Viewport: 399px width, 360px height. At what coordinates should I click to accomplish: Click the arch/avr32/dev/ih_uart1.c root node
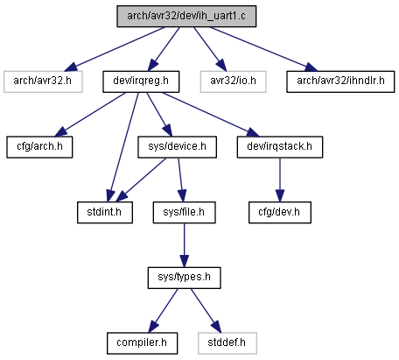(x=186, y=17)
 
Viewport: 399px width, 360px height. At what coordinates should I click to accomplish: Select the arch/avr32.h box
(x=43, y=81)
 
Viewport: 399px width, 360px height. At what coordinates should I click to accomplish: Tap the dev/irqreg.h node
(x=141, y=81)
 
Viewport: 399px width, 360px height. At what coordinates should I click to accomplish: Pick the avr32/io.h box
(x=233, y=81)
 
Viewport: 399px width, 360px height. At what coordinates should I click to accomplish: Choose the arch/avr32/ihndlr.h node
(x=340, y=81)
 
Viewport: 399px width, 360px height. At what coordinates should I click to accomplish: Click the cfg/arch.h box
(x=39, y=147)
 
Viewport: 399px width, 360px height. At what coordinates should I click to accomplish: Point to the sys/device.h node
(x=177, y=147)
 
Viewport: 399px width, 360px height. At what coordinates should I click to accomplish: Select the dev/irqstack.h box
(x=280, y=147)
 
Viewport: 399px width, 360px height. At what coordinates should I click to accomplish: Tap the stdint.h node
(x=105, y=212)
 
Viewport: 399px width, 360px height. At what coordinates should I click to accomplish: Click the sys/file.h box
(x=184, y=212)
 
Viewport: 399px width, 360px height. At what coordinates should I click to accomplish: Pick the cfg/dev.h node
(x=280, y=212)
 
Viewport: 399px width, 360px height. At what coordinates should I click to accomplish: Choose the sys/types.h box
(x=184, y=278)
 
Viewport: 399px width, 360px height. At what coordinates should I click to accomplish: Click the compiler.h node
(x=142, y=343)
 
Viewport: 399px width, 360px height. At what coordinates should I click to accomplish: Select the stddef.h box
(x=227, y=343)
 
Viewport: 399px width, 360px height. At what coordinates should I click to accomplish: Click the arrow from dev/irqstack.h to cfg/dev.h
(x=280, y=180)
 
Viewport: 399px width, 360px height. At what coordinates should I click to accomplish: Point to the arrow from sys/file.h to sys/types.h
(x=184, y=245)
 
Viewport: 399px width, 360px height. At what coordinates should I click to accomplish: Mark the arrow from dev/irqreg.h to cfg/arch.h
(x=90, y=115)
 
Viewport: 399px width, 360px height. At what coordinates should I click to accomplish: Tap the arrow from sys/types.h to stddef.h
(x=206, y=311)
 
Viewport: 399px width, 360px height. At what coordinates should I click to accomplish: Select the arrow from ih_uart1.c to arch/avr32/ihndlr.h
(x=263, y=49)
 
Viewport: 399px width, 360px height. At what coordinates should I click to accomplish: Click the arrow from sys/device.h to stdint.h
(x=141, y=180)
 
